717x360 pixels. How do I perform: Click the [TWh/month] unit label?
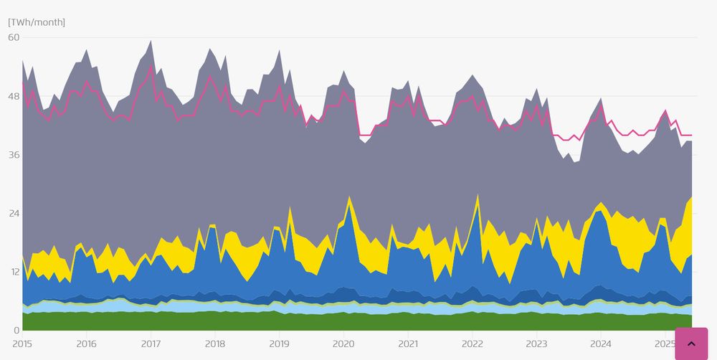point(37,22)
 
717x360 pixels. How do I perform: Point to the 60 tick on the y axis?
point(14,37)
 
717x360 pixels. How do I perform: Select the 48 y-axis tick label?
point(14,96)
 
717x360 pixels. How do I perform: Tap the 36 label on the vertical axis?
point(14,155)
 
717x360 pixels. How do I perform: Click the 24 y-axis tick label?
point(14,214)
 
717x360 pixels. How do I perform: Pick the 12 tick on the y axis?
point(14,273)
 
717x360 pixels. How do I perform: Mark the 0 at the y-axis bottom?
point(16,331)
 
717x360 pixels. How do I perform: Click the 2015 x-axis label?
point(22,344)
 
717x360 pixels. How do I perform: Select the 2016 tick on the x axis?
point(86,344)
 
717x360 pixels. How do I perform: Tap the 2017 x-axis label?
point(151,344)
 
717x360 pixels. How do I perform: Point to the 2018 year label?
point(215,344)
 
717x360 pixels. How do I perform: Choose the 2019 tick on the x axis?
point(279,344)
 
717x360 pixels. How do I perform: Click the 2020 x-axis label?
point(343,344)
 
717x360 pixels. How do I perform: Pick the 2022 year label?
point(473,344)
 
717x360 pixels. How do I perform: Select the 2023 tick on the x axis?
point(537,344)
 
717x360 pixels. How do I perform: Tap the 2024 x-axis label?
point(601,344)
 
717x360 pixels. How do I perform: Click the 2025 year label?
point(665,344)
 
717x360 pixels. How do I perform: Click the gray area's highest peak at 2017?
point(151,41)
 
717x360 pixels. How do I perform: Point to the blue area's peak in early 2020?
point(349,205)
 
